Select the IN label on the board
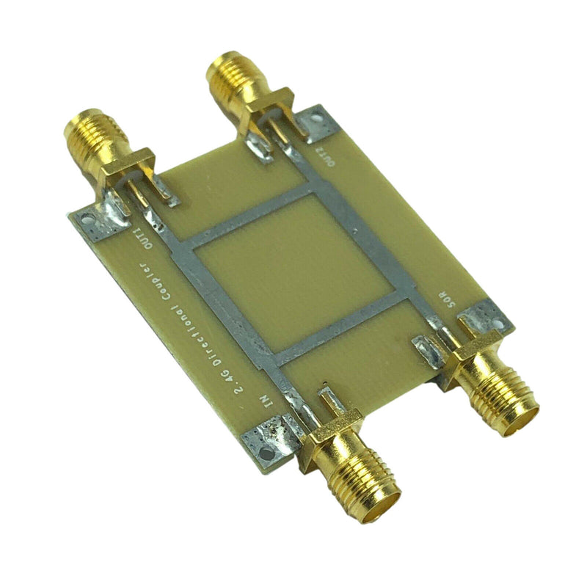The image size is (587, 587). point(266,402)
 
